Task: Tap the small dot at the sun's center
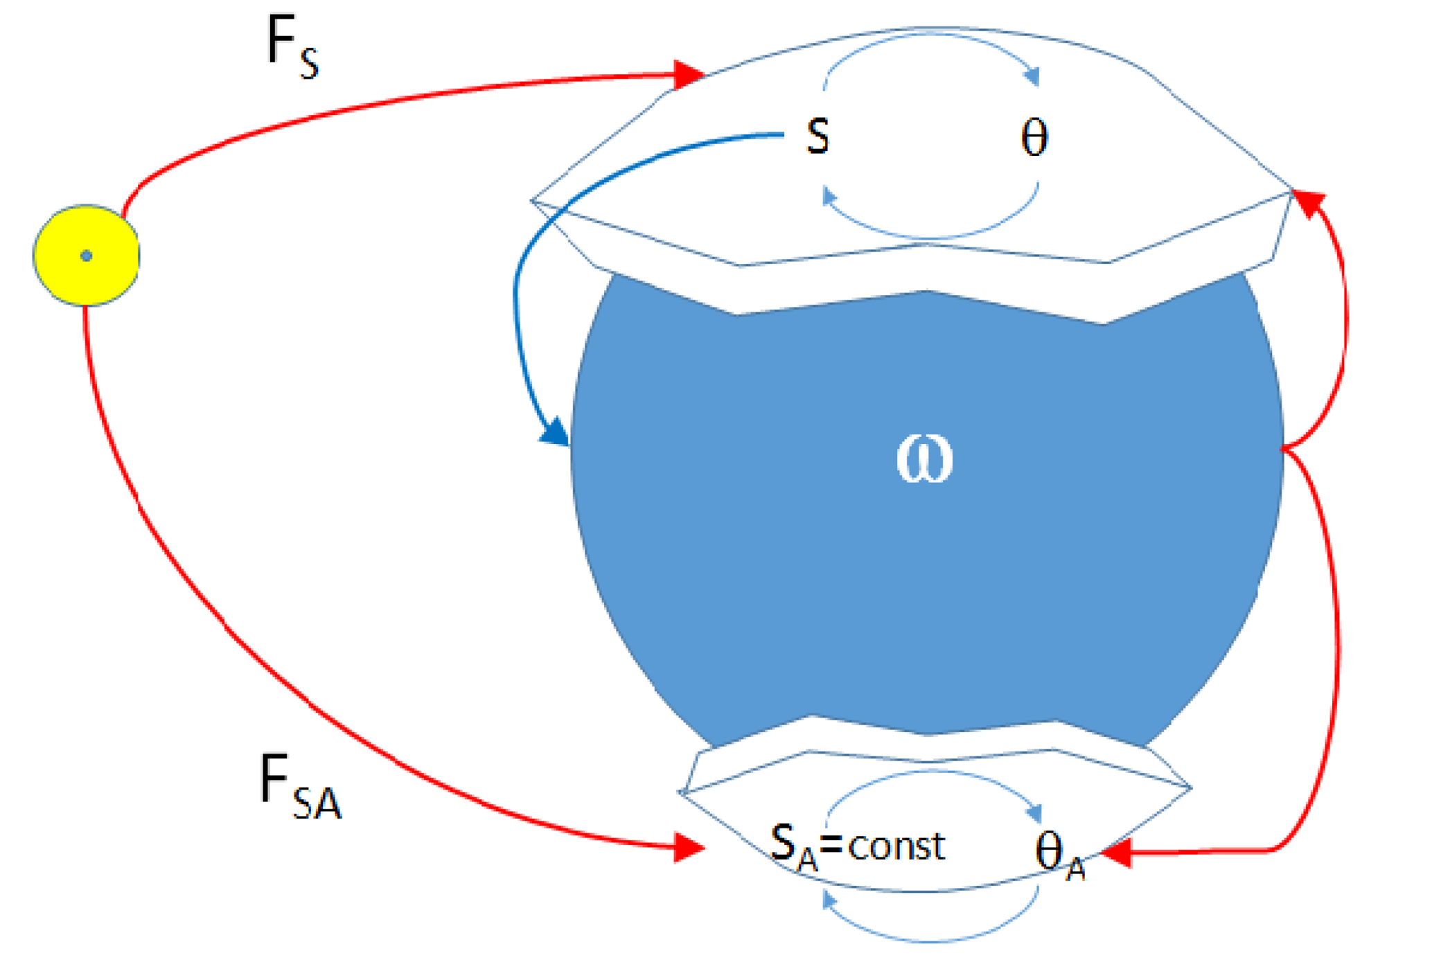pos(86,256)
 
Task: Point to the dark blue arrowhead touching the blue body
pos(555,432)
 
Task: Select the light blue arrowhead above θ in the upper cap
pos(1033,76)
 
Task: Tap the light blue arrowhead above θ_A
pos(1034,814)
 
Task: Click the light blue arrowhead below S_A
pos(829,900)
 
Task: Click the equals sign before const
pos(831,846)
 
